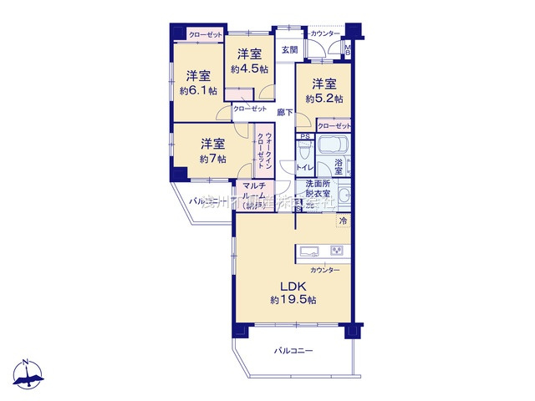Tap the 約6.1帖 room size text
point(198,89)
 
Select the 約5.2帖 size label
point(324,99)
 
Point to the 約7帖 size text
point(212,158)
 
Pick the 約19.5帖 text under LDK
point(292,299)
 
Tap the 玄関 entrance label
point(288,51)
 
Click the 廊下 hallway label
point(285,112)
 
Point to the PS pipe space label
point(305,136)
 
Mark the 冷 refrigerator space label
point(343,221)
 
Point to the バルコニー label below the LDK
point(293,351)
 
